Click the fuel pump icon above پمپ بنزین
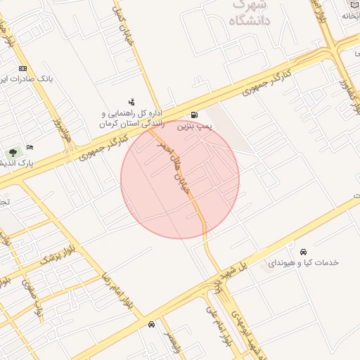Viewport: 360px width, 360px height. point(194,115)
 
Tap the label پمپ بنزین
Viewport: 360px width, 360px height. point(193,127)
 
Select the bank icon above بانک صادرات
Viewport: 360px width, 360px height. point(23,68)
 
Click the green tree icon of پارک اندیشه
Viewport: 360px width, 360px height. point(12,153)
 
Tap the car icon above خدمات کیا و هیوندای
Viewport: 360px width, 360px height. point(303,252)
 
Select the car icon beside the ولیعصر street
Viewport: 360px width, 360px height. point(152,324)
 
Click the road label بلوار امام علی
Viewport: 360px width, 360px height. point(217,323)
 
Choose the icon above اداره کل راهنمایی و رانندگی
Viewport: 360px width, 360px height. point(131,102)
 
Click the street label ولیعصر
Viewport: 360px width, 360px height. point(172,343)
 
